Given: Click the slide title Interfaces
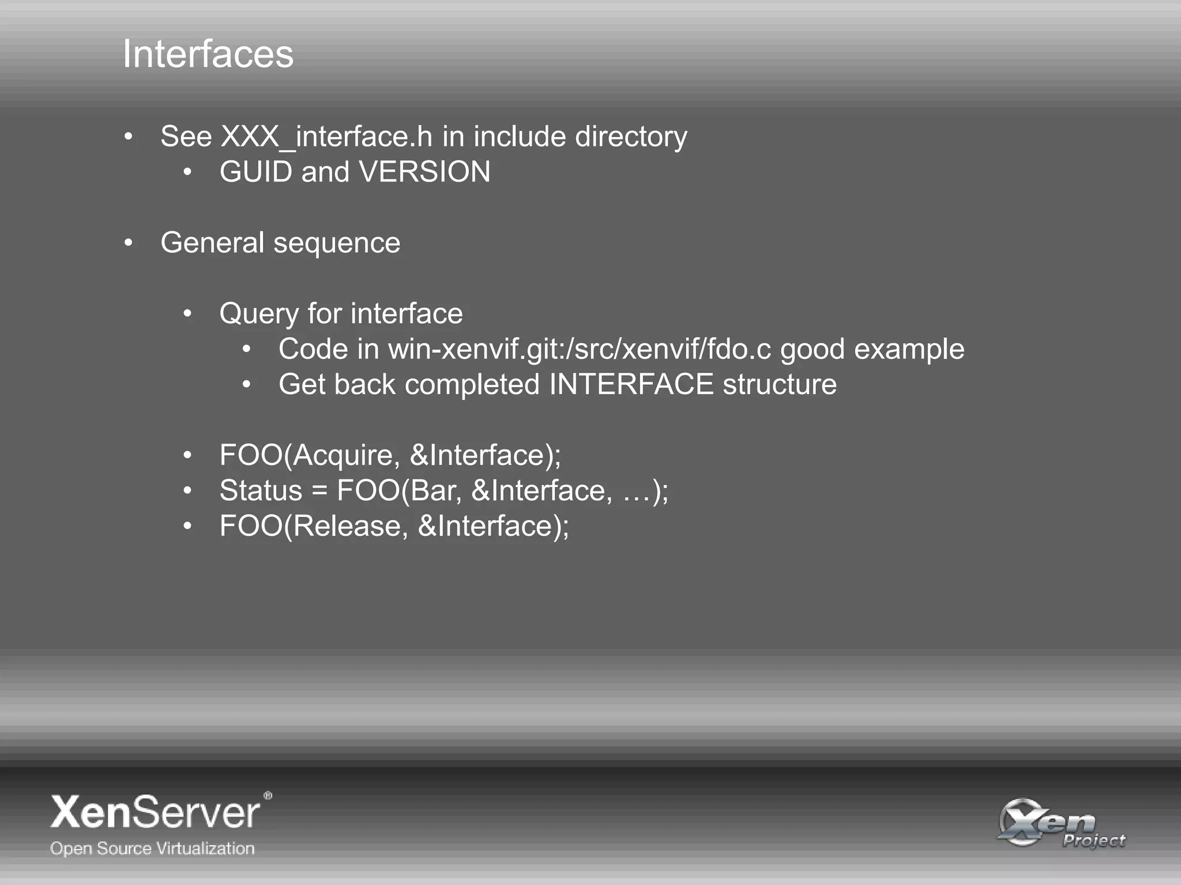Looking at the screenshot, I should pyautogui.click(x=208, y=54).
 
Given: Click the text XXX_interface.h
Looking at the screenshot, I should pyautogui.click(x=326, y=137).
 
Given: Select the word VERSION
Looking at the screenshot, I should pyautogui.click(x=424, y=172).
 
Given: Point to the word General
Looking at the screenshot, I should pyautogui.click(x=212, y=243).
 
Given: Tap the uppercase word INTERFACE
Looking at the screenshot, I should pyautogui.click(x=631, y=384).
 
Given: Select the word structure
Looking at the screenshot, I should pyautogui.click(x=780, y=384).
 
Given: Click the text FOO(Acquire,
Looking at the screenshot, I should pyautogui.click(x=310, y=455).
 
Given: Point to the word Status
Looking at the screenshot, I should pyautogui.click(x=261, y=490).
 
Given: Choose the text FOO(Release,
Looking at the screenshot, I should pyautogui.click(x=314, y=526).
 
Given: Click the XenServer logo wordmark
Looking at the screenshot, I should pyautogui.click(x=156, y=812).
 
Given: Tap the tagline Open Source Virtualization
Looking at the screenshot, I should pyautogui.click(x=152, y=849).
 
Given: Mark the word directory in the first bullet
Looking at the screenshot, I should pyautogui.click(x=631, y=137).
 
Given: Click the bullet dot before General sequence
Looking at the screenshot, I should pyautogui.click(x=129, y=243).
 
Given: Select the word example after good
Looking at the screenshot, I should pyautogui.click(x=909, y=350).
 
